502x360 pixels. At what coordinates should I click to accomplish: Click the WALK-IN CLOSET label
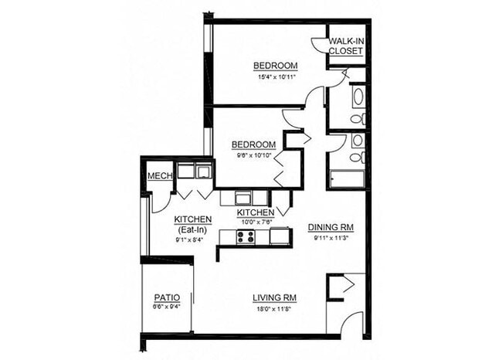345,46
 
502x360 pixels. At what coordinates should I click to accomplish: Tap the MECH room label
159,175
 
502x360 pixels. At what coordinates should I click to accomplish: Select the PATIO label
167,297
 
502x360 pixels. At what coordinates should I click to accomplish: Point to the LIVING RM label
275,297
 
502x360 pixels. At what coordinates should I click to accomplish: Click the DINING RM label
331,227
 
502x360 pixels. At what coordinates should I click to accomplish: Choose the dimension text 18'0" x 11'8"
275,309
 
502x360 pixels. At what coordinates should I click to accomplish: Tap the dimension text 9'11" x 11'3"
331,238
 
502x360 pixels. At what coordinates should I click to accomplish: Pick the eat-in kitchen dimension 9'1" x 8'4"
189,240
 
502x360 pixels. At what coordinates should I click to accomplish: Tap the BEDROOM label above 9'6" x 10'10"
254,145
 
